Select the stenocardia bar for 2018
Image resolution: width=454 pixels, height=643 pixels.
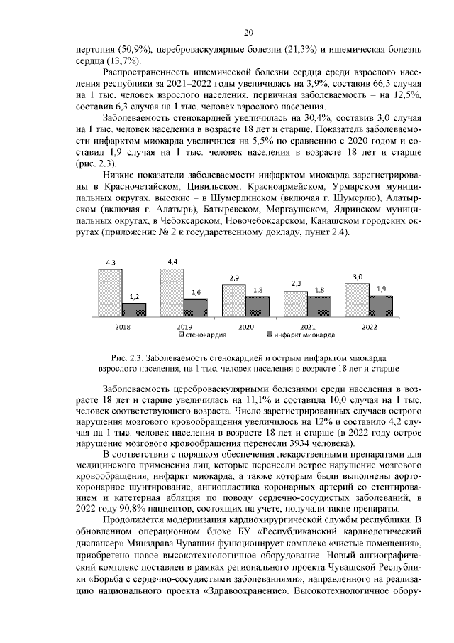pos(109,293)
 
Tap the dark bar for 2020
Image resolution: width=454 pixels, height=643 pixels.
pos(258,306)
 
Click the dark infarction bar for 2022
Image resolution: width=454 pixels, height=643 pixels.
pos(382,305)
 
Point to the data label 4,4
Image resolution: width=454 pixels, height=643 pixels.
pos(172,262)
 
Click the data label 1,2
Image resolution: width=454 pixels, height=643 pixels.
pos(134,297)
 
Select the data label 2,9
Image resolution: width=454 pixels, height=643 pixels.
pos(234,277)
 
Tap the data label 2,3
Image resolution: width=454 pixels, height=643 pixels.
pos(296,283)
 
